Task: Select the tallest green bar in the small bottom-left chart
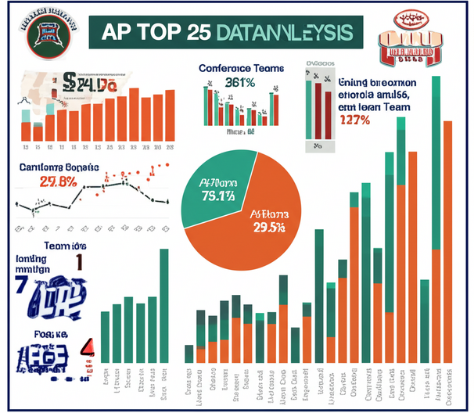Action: [163, 305]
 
